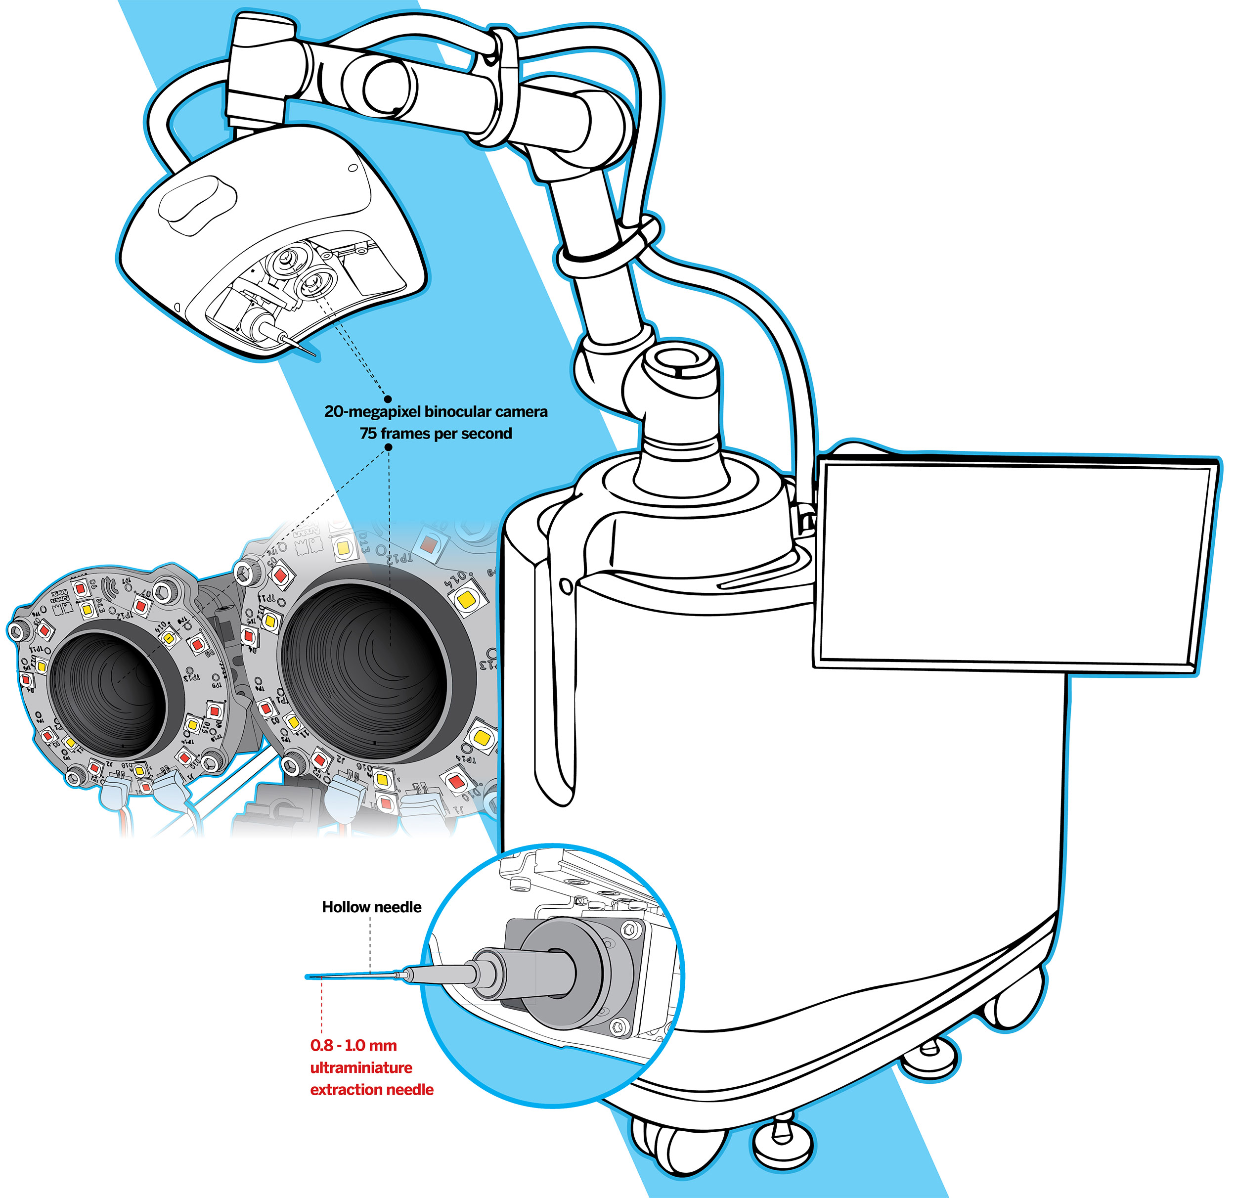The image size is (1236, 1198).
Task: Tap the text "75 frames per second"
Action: [x=436, y=434]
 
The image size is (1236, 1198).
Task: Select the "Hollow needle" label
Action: [x=371, y=907]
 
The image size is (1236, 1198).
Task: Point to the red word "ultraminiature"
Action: [x=361, y=1067]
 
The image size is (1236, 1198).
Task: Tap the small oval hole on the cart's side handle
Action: [x=566, y=587]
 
